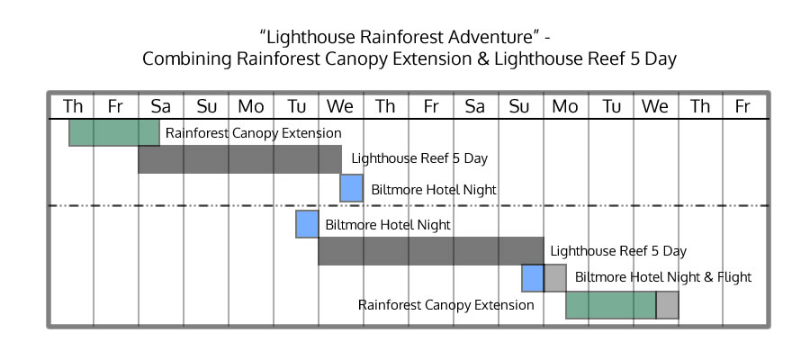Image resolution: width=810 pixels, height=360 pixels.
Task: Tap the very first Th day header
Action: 73,106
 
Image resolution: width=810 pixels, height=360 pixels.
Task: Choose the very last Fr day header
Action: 742,106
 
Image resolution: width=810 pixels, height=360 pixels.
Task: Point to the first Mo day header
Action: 250,106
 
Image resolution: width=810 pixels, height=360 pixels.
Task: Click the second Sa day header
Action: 474,106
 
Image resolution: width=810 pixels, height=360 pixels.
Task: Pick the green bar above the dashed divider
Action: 114,132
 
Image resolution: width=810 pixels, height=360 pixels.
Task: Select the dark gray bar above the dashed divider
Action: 239,159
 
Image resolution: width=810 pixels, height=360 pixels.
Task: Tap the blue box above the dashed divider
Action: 351,188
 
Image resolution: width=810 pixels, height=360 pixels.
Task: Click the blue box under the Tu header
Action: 307,224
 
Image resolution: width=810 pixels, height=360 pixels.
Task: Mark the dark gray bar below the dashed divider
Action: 431,251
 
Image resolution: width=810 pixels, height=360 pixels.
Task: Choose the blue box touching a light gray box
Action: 533,278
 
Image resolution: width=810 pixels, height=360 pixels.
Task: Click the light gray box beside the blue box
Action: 554,278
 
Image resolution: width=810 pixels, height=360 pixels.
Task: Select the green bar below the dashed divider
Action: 611,305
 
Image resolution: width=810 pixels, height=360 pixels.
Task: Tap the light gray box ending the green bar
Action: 668,305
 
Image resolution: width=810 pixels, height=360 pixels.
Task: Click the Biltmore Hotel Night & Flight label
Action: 663,277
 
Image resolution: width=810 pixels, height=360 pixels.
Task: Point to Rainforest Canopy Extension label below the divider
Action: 445,305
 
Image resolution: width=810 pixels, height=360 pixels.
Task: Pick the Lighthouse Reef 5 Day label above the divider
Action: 419,158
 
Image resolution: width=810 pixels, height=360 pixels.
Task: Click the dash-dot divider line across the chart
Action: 409,205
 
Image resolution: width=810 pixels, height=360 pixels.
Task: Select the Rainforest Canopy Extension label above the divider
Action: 253,133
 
